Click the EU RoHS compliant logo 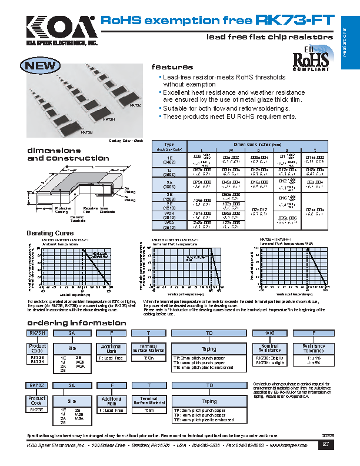tap(310, 59)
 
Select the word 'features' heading tap(172, 67)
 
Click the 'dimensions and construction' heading tap(55, 154)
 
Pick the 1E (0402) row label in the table tap(169, 161)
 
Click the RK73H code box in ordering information tap(37, 333)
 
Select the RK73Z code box tap(37, 384)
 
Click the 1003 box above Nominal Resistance tap(269, 333)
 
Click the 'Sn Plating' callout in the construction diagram tap(130, 191)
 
